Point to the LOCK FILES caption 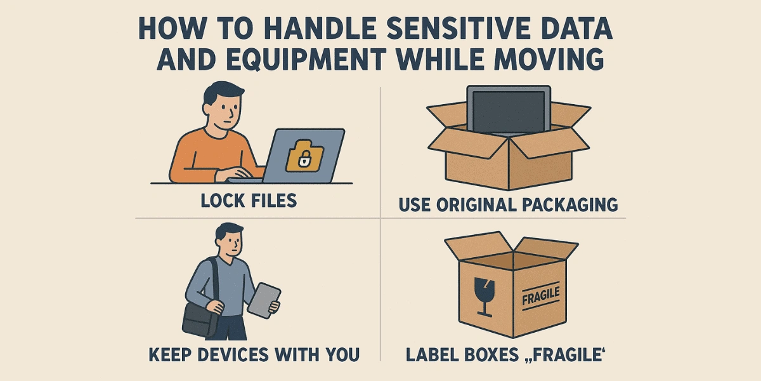coord(249,201)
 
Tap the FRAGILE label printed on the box coord(540,294)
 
